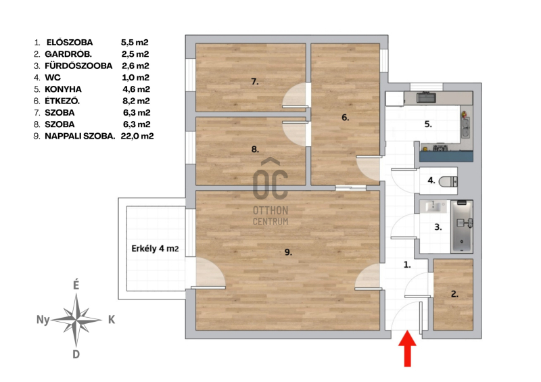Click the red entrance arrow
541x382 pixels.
[408, 348]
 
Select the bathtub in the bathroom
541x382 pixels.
[462, 226]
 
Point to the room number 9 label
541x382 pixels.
[288, 252]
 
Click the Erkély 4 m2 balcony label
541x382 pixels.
[155, 248]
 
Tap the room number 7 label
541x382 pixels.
[255, 82]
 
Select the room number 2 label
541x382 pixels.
[454, 294]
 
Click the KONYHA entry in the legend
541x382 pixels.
[63, 89]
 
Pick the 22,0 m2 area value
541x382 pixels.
[137, 136]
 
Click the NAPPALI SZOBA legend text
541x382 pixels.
[80, 137]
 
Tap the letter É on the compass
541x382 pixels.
[76, 285]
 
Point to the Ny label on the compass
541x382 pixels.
[43, 320]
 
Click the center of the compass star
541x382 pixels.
[76, 320]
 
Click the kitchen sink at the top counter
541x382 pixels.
[427, 97]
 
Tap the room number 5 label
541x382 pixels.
[428, 124]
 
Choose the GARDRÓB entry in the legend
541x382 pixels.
[68, 54]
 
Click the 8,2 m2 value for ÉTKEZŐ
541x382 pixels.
[137, 101]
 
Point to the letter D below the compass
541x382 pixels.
[76, 354]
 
